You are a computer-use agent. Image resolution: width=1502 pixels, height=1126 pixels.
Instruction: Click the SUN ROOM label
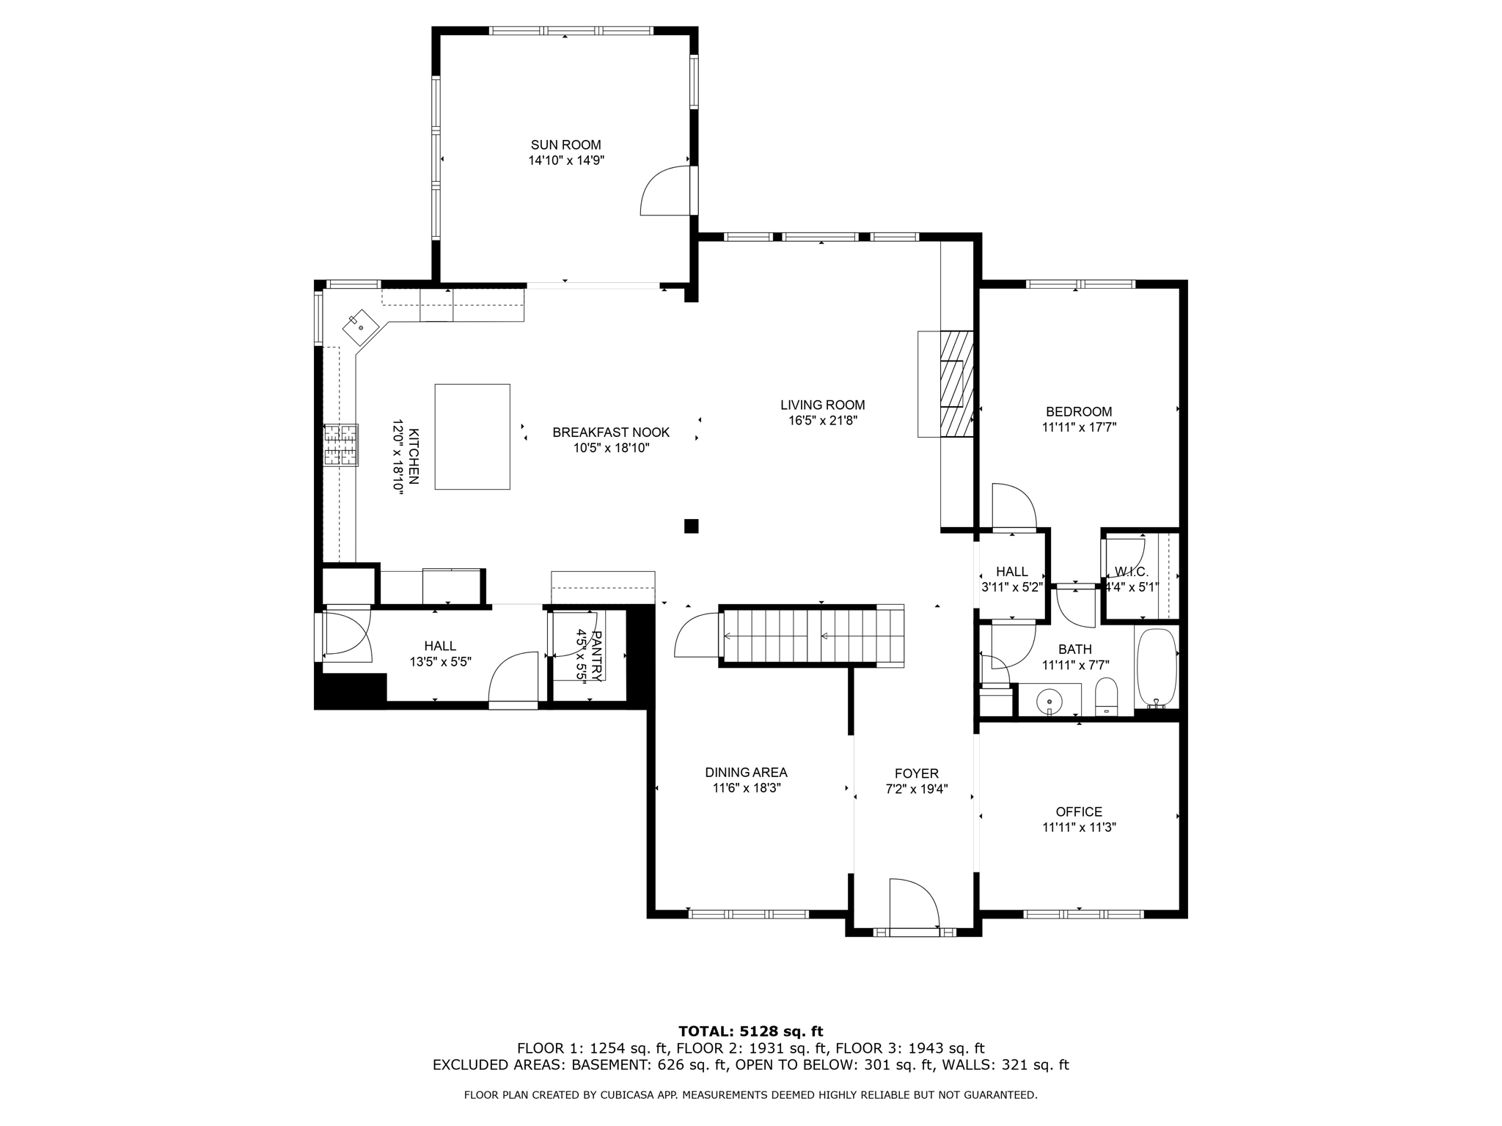565,145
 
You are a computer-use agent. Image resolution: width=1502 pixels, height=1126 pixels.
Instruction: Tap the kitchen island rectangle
472,436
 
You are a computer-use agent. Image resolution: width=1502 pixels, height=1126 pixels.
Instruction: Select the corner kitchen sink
361,327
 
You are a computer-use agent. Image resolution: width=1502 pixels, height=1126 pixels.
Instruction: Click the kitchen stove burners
342,445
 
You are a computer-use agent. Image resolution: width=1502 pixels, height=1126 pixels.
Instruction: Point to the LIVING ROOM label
822,405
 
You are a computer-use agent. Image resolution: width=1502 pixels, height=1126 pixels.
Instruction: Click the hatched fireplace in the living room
956,383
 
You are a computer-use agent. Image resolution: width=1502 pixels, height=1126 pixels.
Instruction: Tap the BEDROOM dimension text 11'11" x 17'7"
1079,427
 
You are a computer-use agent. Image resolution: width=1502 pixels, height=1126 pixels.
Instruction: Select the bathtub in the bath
1157,668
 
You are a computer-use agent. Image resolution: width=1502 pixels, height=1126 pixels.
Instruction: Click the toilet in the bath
1106,696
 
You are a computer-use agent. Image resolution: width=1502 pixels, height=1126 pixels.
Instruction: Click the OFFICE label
1079,812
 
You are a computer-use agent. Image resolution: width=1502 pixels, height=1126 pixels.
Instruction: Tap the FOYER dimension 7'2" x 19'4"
916,789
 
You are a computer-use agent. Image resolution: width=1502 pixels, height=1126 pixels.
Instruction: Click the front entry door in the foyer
914,906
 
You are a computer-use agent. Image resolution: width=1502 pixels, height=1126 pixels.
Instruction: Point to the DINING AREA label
746,772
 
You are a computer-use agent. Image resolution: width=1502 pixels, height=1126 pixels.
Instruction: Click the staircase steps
813,636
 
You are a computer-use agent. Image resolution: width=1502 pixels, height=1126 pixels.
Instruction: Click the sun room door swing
664,191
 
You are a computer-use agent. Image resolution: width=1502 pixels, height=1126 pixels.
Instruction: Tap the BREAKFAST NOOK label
611,433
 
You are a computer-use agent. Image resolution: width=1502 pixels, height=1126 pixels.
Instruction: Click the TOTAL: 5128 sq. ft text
751,1032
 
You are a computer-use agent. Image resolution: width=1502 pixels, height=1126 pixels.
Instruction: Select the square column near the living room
691,526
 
